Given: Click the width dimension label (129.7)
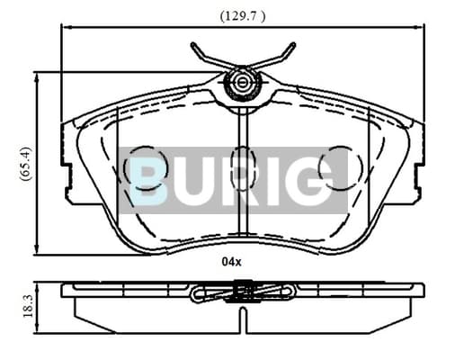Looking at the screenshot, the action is pos(243,16).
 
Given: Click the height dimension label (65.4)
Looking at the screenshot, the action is pos(25,164).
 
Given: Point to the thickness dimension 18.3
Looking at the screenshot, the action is pos(27,306).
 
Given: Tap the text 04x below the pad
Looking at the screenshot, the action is pos(231,262).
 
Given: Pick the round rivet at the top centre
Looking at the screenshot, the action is pos(242,82).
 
